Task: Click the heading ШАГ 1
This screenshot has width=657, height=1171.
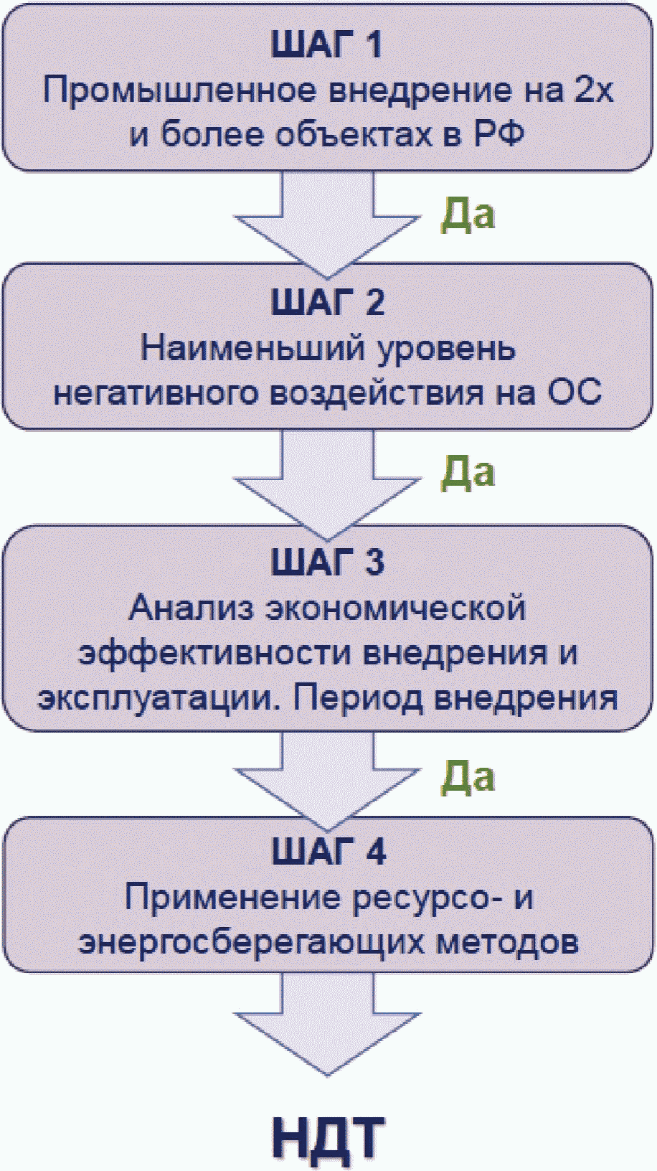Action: tap(327, 45)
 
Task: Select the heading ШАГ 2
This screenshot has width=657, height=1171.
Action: tap(328, 302)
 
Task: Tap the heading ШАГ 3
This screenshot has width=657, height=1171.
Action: tap(328, 562)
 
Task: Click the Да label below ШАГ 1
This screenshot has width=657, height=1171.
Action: tap(467, 215)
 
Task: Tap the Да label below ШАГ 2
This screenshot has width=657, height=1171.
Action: tap(467, 472)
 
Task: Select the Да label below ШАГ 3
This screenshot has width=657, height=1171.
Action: tap(467, 776)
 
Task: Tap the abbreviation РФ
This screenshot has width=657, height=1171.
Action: tap(498, 135)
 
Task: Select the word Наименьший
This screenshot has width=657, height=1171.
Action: tap(252, 349)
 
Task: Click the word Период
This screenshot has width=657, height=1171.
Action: tap(357, 699)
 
